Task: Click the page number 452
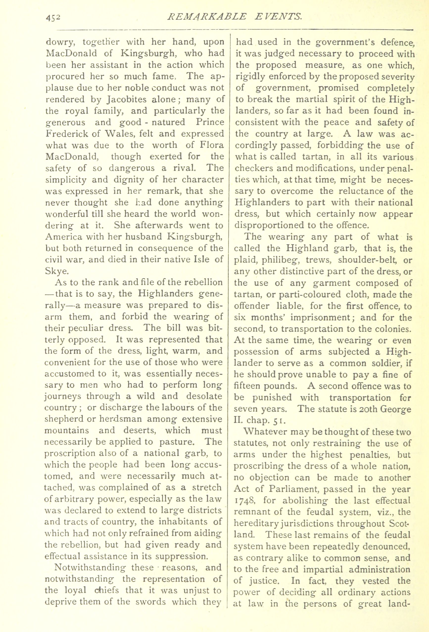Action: pyautogui.click(x=52, y=18)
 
